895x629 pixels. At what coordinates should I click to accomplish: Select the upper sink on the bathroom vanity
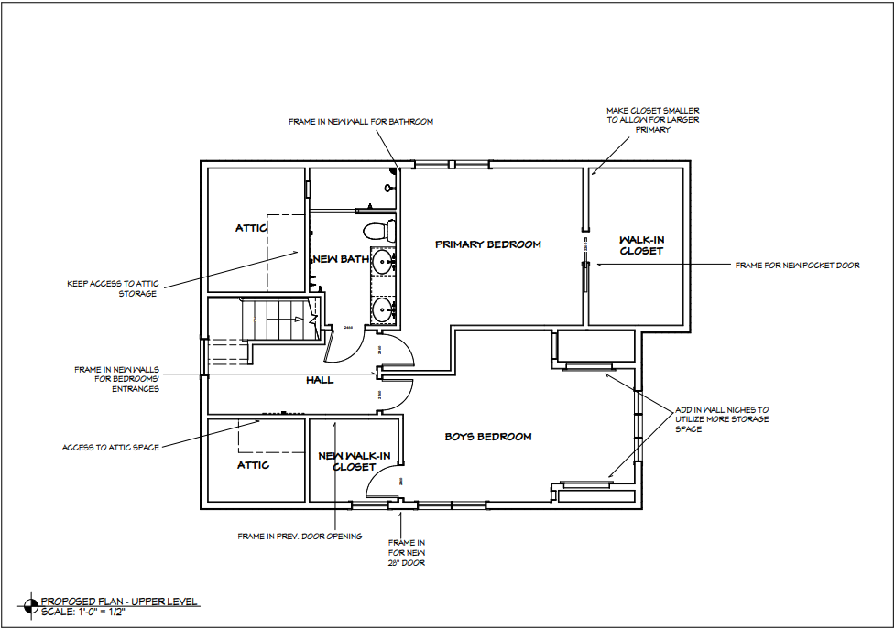(x=384, y=262)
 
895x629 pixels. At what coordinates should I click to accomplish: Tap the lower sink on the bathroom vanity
(x=384, y=308)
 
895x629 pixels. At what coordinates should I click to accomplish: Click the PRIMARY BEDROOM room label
(x=487, y=244)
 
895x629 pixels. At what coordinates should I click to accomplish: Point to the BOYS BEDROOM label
(x=488, y=437)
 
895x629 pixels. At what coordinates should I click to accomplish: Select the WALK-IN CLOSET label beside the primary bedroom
(x=641, y=244)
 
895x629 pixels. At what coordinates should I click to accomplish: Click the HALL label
(x=320, y=379)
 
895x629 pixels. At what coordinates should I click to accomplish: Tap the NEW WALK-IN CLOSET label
(x=355, y=461)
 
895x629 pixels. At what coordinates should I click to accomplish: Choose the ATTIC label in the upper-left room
(x=251, y=228)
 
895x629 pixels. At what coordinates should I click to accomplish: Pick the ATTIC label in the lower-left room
(x=254, y=465)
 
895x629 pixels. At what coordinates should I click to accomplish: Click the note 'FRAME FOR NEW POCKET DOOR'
(x=797, y=266)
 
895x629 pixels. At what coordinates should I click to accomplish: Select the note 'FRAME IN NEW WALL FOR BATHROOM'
(x=360, y=121)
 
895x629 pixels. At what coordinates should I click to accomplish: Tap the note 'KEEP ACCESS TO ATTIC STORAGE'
(x=112, y=287)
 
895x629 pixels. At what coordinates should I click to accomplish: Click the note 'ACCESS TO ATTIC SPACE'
(x=111, y=448)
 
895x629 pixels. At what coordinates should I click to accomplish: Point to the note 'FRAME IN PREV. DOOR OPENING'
(x=300, y=536)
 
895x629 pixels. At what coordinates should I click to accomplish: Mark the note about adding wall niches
(x=722, y=419)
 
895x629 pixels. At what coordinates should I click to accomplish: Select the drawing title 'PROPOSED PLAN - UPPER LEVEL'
(x=119, y=602)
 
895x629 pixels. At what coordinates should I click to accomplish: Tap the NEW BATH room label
(x=341, y=259)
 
